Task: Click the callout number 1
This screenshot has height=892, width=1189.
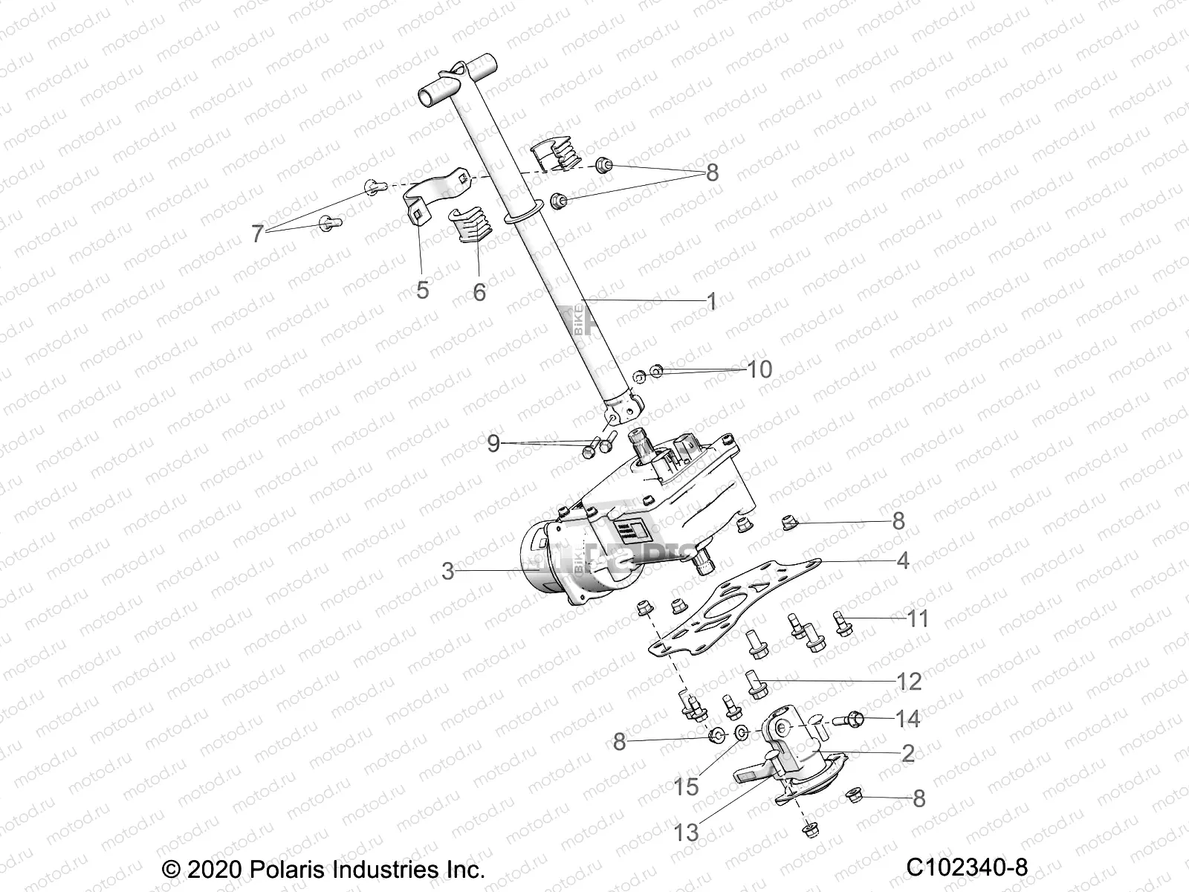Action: pos(711,302)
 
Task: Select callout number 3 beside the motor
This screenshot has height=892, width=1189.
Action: pos(447,572)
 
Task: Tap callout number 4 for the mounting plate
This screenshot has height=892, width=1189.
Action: pos(902,560)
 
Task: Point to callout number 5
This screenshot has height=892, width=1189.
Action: pos(422,289)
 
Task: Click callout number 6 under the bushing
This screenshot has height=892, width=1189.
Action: pos(479,292)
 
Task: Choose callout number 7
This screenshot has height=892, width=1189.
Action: pos(257,235)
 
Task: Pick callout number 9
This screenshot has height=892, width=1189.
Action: pos(493,445)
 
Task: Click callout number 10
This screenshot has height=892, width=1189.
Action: pos(759,369)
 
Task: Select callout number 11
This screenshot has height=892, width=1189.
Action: pos(919,618)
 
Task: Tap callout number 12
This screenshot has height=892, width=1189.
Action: pos(910,681)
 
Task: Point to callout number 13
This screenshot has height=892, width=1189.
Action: pos(687,833)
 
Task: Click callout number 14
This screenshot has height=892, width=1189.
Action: pos(908,719)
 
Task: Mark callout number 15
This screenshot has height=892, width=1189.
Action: pos(687,786)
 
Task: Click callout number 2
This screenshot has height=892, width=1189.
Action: pos(907,753)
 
